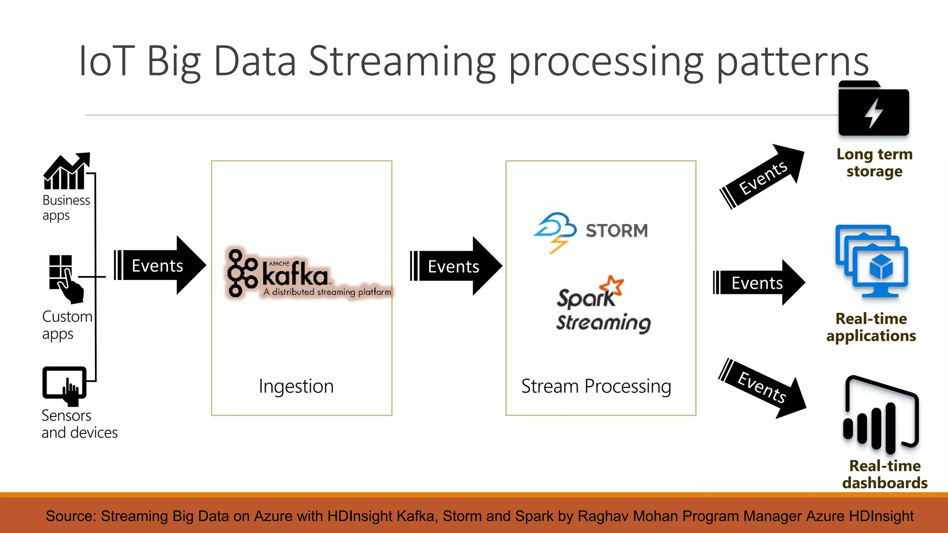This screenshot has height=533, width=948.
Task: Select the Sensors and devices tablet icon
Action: tap(64, 384)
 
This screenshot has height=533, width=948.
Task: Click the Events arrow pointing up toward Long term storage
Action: tap(762, 177)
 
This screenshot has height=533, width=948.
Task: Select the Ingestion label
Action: tap(296, 386)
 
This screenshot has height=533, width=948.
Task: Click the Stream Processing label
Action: tap(596, 386)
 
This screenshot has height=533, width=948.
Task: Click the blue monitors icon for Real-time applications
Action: tap(871, 261)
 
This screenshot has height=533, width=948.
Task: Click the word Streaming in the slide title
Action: tap(402, 62)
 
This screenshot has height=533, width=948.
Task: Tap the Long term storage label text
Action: tap(874, 162)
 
